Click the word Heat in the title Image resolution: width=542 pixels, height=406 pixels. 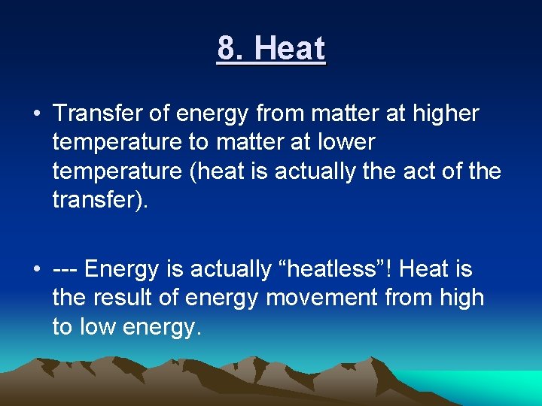290,49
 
